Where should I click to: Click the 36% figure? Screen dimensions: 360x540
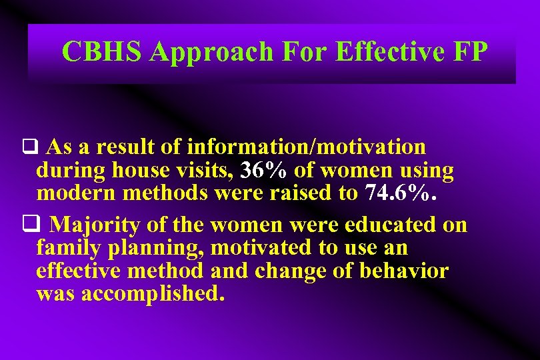pyautogui.click(x=265, y=171)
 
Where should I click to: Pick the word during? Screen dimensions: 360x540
pyautogui.click(x=71, y=171)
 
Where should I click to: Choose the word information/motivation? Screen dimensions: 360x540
pyautogui.click(x=307, y=146)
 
